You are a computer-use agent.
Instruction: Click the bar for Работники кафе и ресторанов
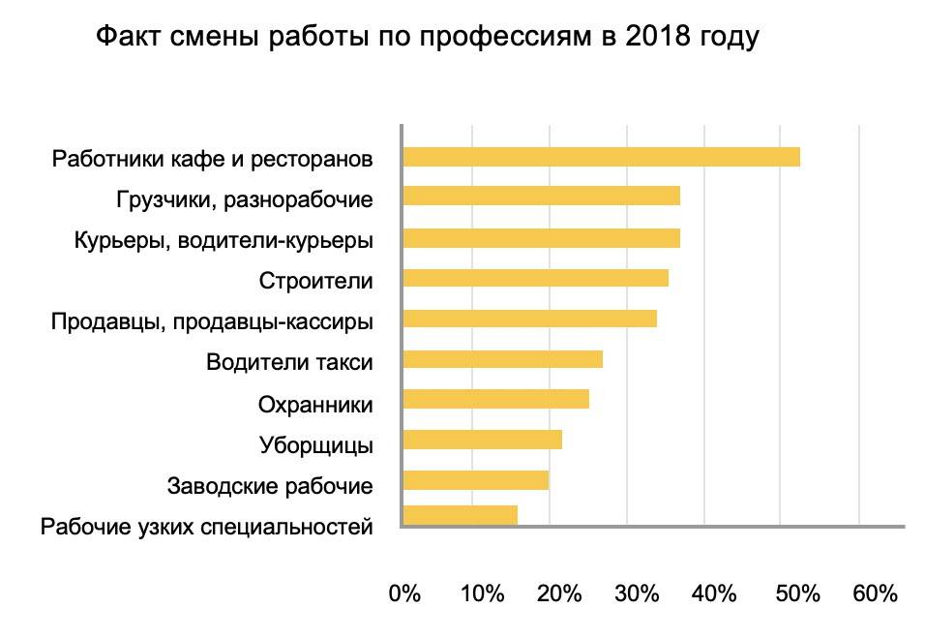pyautogui.click(x=600, y=157)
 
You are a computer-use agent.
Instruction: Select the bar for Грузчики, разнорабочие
pyautogui.click(x=540, y=197)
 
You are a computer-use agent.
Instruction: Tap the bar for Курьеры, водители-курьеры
pyautogui.click(x=540, y=237)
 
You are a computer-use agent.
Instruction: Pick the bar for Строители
pyautogui.click(x=534, y=278)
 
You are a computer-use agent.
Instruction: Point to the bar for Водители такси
pyautogui.click(x=501, y=359)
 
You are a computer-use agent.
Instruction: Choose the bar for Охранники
pyautogui.click(x=494, y=399)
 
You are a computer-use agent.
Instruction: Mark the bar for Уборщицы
pyautogui.click(x=481, y=440)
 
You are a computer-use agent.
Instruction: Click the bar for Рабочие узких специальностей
pyautogui.click(x=459, y=515)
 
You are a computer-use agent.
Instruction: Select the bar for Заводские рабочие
pyautogui.click(x=474, y=480)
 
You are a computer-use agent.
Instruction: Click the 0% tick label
pyautogui.click(x=403, y=593)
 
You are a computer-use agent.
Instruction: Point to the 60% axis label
pyautogui.click(x=875, y=593)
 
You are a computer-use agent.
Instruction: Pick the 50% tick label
pyautogui.click(x=796, y=593)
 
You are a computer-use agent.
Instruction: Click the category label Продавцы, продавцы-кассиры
pyautogui.click(x=212, y=319)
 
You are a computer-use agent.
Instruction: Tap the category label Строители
pyautogui.click(x=315, y=280)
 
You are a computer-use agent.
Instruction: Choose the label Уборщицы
pyautogui.click(x=315, y=445)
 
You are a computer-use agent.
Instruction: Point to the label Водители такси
pyautogui.click(x=289, y=362)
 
